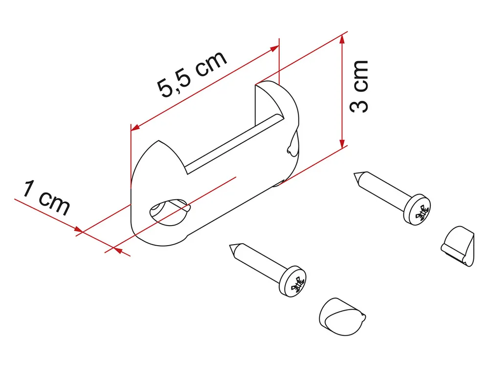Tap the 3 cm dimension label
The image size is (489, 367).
click(359, 87)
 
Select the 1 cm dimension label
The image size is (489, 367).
click(46, 198)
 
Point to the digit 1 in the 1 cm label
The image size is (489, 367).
click(28, 188)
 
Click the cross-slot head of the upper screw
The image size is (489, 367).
click(417, 209)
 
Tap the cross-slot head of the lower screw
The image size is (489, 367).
click(292, 281)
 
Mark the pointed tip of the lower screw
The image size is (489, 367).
click(230, 245)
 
